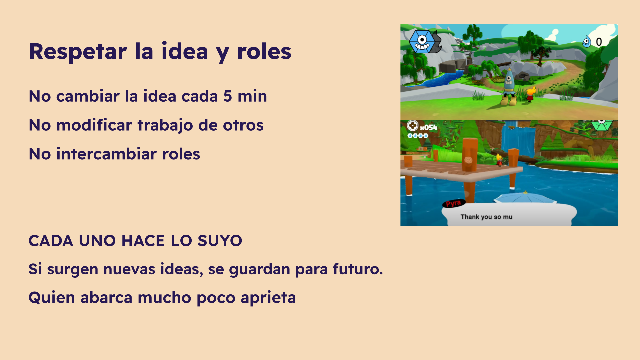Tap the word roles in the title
(x=264, y=52)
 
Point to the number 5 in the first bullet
(x=228, y=96)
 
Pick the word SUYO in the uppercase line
(x=220, y=241)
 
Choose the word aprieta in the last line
(x=268, y=298)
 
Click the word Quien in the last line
(x=52, y=298)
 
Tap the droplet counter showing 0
(x=592, y=42)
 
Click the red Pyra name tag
(x=454, y=203)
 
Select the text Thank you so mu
(x=486, y=217)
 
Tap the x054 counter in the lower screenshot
(x=428, y=127)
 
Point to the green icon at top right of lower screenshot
(x=602, y=125)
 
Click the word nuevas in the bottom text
(x=129, y=269)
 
